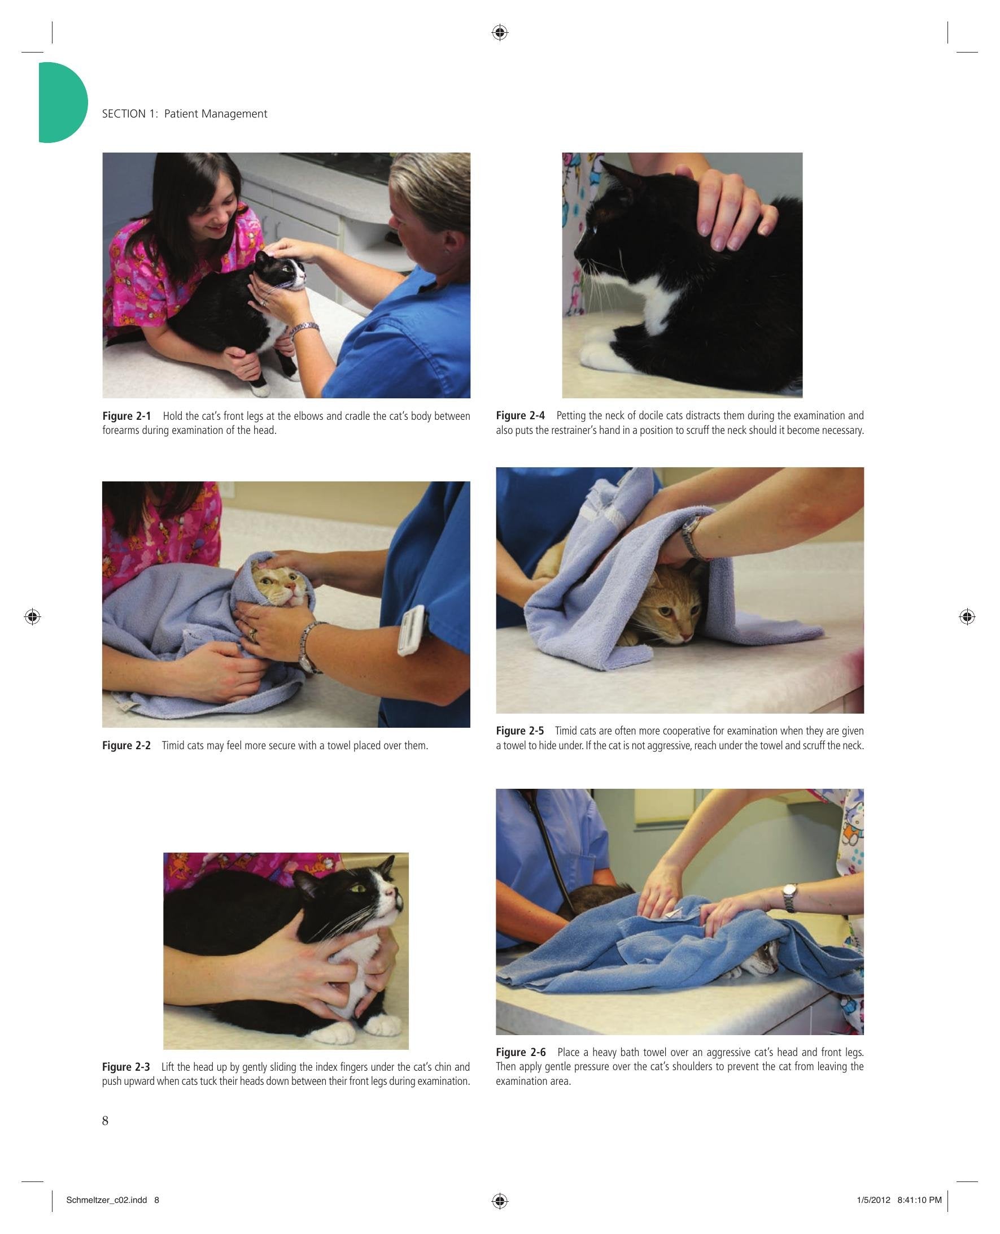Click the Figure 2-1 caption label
point(126,415)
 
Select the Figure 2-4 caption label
point(520,415)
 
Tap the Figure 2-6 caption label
point(521,1052)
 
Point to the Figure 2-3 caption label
point(126,1067)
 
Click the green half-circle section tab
point(62,102)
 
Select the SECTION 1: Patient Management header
point(184,114)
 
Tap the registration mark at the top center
point(500,33)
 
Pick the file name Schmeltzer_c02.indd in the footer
point(107,1200)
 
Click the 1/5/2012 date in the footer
point(874,1200)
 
